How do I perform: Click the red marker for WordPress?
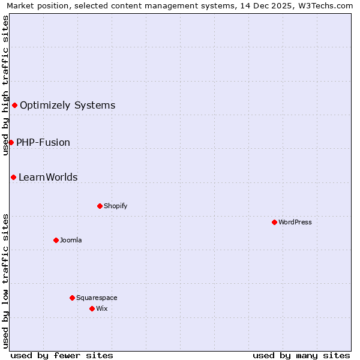click(x=274, y=222)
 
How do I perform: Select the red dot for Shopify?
click(x=100, y=206)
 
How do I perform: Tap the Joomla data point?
click(x=56, y=240)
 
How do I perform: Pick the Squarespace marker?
click(x=72, y=298)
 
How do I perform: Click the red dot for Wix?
click(x=92, y=308)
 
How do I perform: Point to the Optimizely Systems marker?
click(x=14, y=106)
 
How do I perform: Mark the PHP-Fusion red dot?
click(x=11, y=142)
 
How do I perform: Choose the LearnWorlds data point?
click(x=13, y=177)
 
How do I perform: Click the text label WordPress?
click(x=295, y=222)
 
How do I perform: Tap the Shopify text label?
click(x=116, y=206)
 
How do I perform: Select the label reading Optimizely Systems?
click(x=67, y=106)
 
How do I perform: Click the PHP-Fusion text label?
click(x=43, y=143)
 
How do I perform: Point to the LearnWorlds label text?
click(x=48, y=178)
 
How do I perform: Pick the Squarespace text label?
click(x=97, y=298)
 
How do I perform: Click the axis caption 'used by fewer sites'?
click(x=62, y=355)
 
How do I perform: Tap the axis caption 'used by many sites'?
click(x=301, y=355)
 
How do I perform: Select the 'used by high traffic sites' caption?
click(x=5, y=85)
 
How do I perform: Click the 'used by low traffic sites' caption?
click(x=5, y=280)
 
